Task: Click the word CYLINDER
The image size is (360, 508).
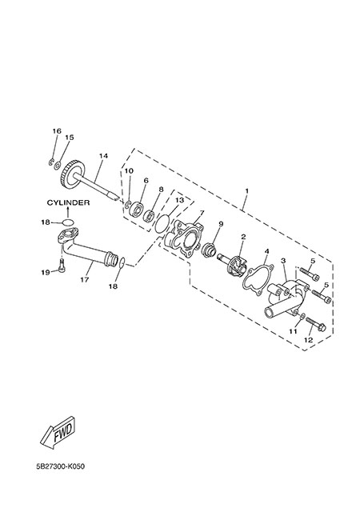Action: (68, 202)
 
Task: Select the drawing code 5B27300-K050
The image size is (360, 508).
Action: (61, 466)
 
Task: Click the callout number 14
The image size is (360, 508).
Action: (103, 156)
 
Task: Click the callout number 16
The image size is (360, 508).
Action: (57, 131)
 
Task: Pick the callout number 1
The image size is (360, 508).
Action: (246, 191)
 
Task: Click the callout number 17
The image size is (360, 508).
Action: (85, 279)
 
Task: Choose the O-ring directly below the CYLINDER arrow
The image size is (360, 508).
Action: (68, 222)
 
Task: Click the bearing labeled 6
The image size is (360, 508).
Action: (136, 208)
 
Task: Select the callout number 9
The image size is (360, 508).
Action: (221, 223)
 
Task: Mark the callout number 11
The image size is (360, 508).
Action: (293, 331)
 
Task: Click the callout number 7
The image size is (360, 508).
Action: (202, 213)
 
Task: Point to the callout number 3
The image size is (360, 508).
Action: (283, 260)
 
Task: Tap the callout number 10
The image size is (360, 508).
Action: (129, 170)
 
